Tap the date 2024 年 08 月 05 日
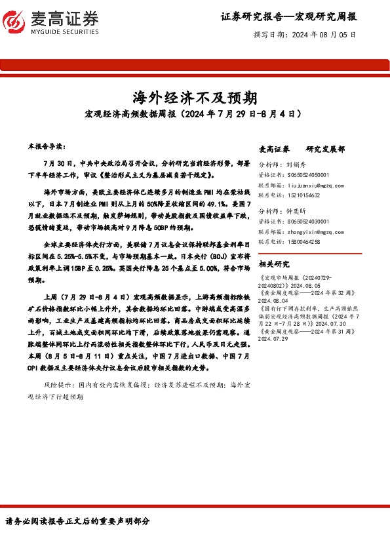324,33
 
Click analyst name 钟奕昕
296,212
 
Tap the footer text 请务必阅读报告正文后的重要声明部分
77,521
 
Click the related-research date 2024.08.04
275,302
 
